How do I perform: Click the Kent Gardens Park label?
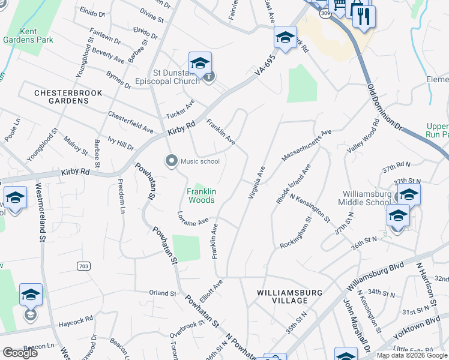(37, 35)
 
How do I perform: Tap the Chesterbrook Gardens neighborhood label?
(68, 97)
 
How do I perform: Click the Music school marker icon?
(172, 160)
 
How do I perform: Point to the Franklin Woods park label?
(200, 195)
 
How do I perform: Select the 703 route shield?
(83, 265)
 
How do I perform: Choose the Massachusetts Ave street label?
(306, 145)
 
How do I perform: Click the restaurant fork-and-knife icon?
(363, 15)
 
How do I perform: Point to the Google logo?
(20, 353)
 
